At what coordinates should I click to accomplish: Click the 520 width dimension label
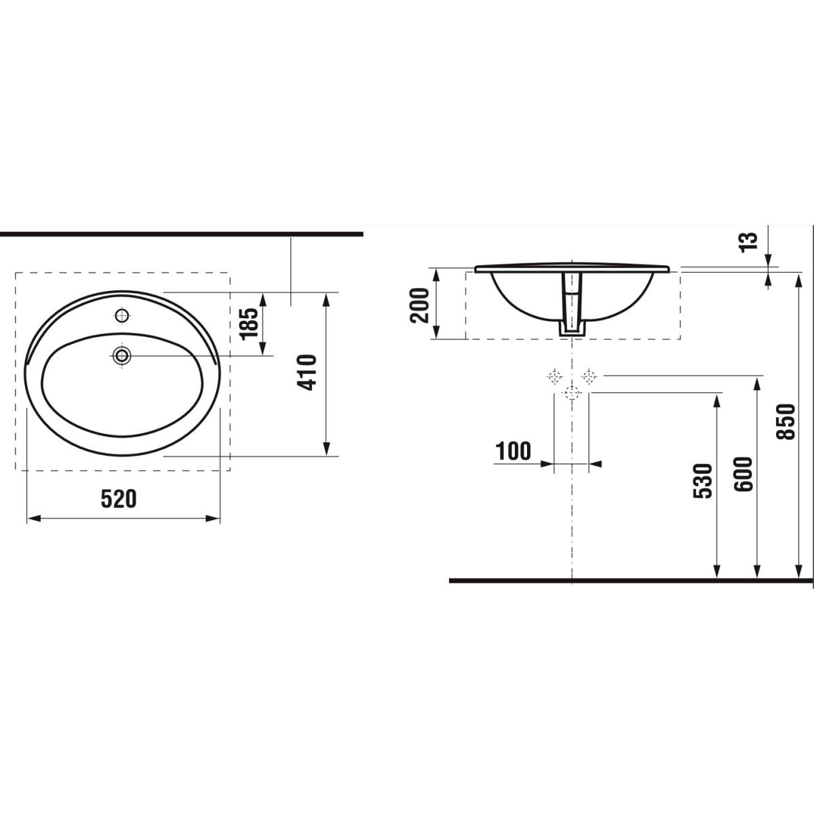click(119, 499)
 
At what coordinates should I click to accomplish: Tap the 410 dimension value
click(306, 372)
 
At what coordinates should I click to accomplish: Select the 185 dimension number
click(248, 324)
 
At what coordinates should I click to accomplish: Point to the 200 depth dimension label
click(419, 305)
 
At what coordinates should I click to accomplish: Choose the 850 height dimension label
click(786, 422)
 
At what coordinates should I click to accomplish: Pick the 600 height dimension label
click(743, 474)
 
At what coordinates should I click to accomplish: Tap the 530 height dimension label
click(703, 481)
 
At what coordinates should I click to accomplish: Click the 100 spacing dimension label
click(513, 451)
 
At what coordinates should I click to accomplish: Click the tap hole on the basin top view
click(122, 315)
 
